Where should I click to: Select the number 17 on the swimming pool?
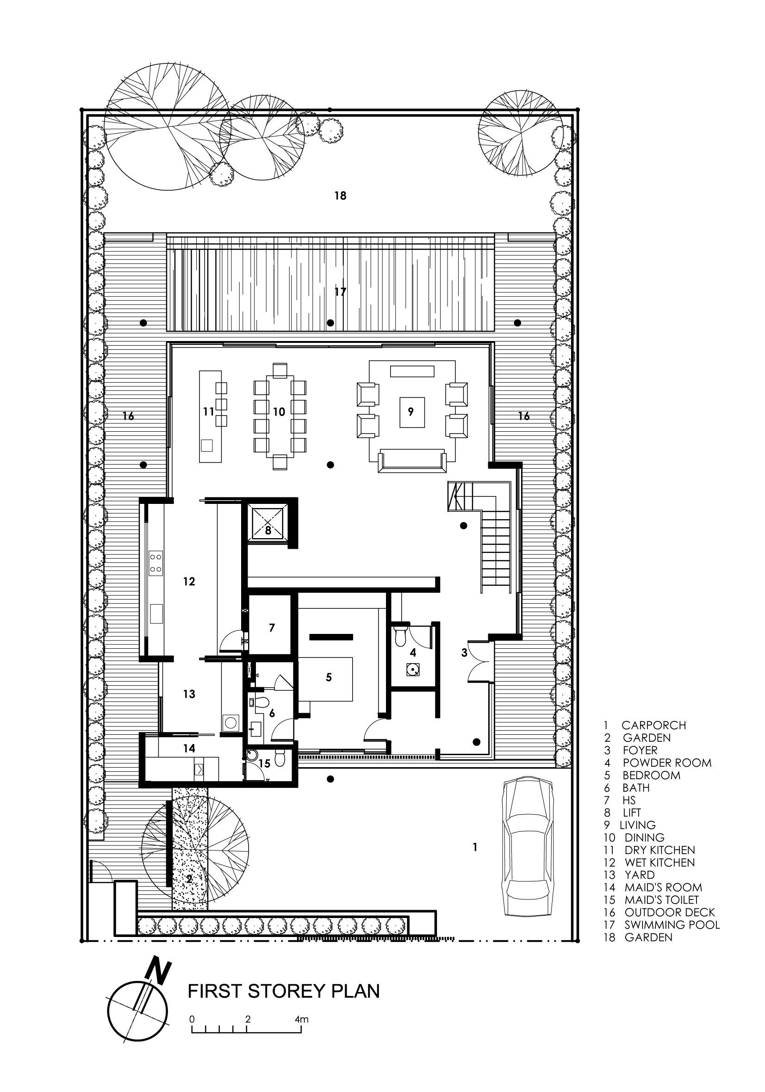point(340,292)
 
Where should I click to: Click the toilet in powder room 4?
point(402,634)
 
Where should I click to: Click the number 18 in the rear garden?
point(340,195)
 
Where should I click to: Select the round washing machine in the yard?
point(231,722)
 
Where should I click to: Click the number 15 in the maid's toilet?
point(264,763)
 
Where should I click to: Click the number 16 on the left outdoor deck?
point(128,416)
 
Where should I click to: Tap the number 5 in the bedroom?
point(329,677)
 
